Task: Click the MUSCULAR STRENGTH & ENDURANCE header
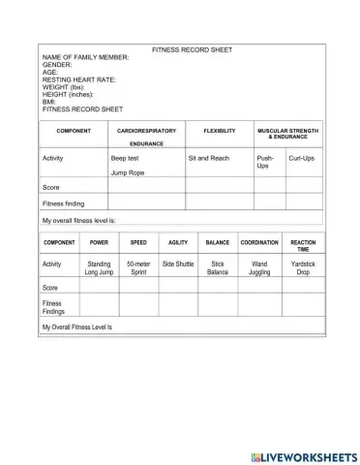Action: tap(287, 133)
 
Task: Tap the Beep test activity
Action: tap(126, 156)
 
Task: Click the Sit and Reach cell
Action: tap(209, 156)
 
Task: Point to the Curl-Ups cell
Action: tap(302, 156)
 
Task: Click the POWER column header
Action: tap(99, 242)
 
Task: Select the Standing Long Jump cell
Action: tap(99, 267)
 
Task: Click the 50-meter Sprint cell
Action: tap(138, 267)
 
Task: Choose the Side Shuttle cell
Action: tap(178, 263)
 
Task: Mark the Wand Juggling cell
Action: tap(259, 267)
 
